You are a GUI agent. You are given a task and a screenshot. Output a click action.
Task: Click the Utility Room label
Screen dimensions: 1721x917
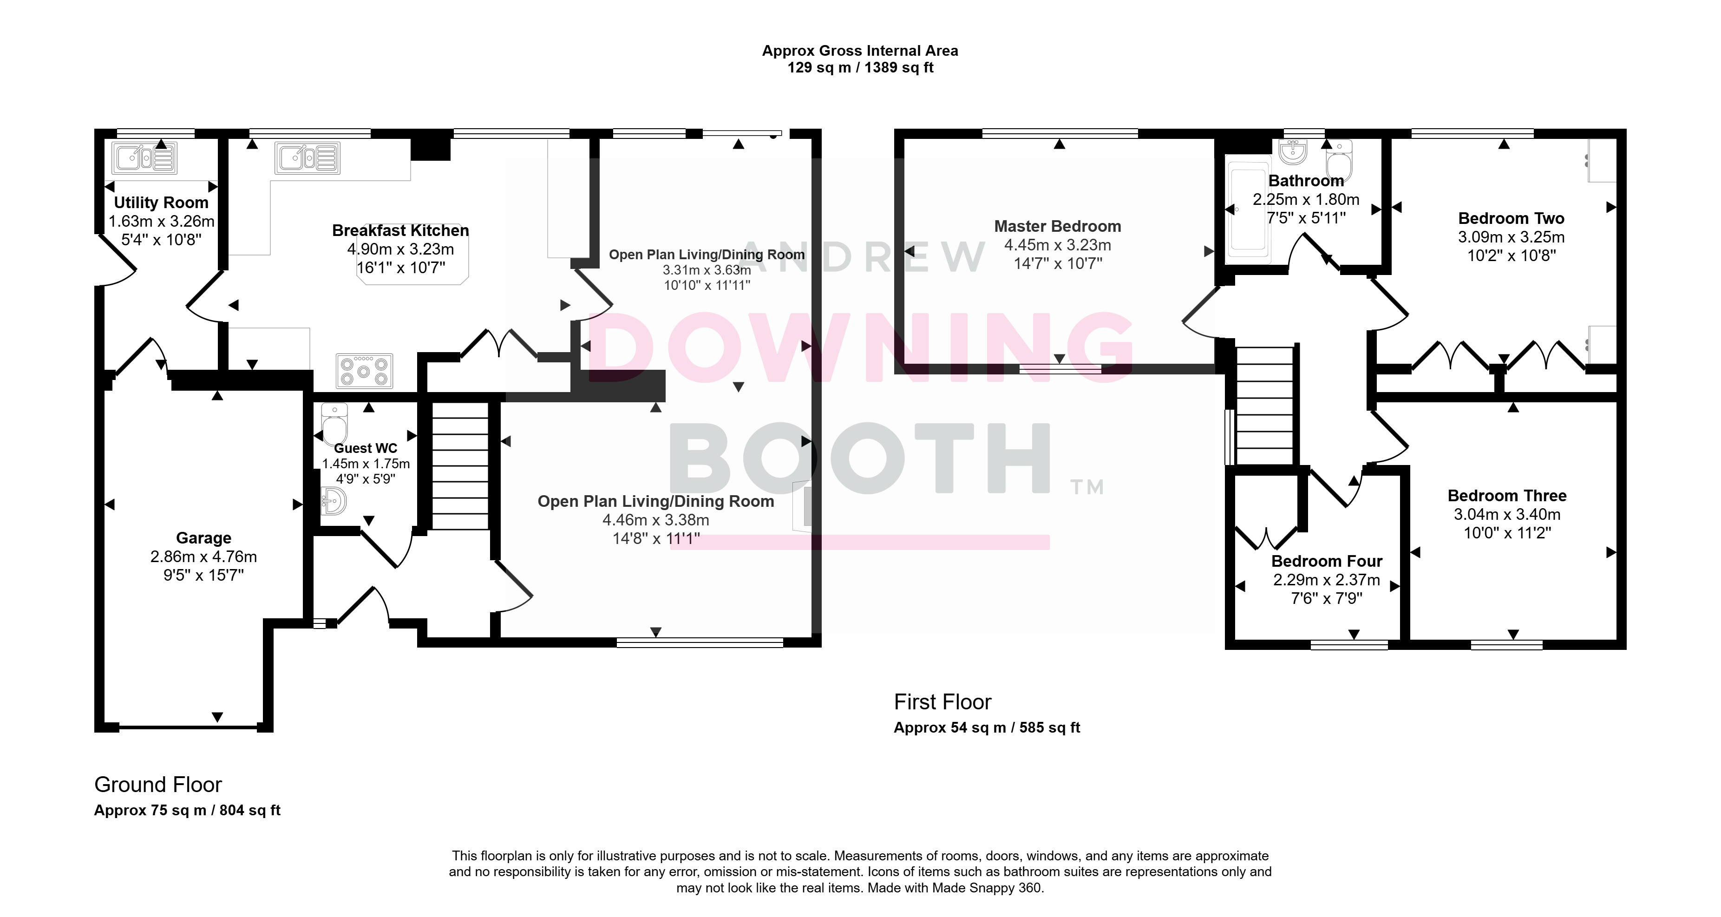(161, 203)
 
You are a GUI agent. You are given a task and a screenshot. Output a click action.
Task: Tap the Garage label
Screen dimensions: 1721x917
(204, 538)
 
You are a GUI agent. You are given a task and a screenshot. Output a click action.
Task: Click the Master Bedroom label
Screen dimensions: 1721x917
(1058, 227)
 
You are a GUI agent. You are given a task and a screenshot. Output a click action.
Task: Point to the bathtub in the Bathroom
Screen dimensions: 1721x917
(1247, 209)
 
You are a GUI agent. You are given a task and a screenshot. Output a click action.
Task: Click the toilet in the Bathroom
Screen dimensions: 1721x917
(1339, 160)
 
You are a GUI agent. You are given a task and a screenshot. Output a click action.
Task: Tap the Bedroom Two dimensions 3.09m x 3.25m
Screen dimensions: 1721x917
(1511, 237)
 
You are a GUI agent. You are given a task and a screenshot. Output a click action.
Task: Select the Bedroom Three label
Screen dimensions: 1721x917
(1507, 496)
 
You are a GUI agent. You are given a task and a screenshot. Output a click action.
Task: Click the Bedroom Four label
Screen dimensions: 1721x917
(1327, 562)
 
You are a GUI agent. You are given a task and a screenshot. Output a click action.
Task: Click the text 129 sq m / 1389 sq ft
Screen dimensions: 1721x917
(860, 67)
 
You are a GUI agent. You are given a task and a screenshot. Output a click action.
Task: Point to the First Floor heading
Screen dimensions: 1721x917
(942, 702)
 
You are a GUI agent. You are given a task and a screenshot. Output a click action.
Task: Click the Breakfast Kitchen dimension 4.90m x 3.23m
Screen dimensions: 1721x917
(401, 249)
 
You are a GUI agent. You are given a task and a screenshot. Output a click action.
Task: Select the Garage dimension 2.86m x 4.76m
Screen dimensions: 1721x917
(204, 557)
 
